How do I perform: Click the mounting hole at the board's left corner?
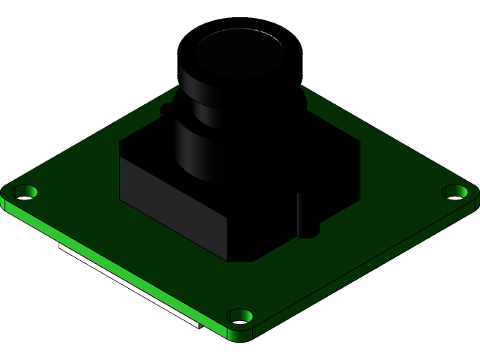(25, 192)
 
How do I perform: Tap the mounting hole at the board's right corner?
(455, 192)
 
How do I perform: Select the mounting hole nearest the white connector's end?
(239, 316)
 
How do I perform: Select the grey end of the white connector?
(195, 325)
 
